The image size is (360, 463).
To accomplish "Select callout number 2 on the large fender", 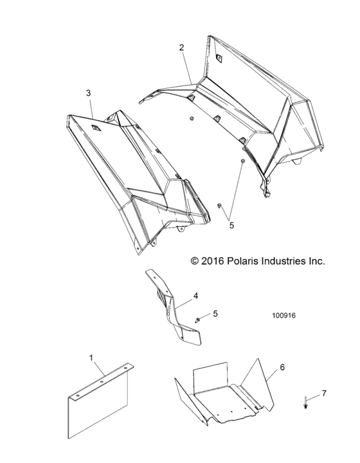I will (182, 48).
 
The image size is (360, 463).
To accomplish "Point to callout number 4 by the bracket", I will (195, 296).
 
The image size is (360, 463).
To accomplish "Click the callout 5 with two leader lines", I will (231, 226).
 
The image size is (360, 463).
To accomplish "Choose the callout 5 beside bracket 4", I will (215, 313).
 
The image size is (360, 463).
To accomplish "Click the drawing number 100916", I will (284, 316).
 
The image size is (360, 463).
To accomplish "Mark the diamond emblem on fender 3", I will (96, 129).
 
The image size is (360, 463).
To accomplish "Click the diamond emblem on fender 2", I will (219, 59).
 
